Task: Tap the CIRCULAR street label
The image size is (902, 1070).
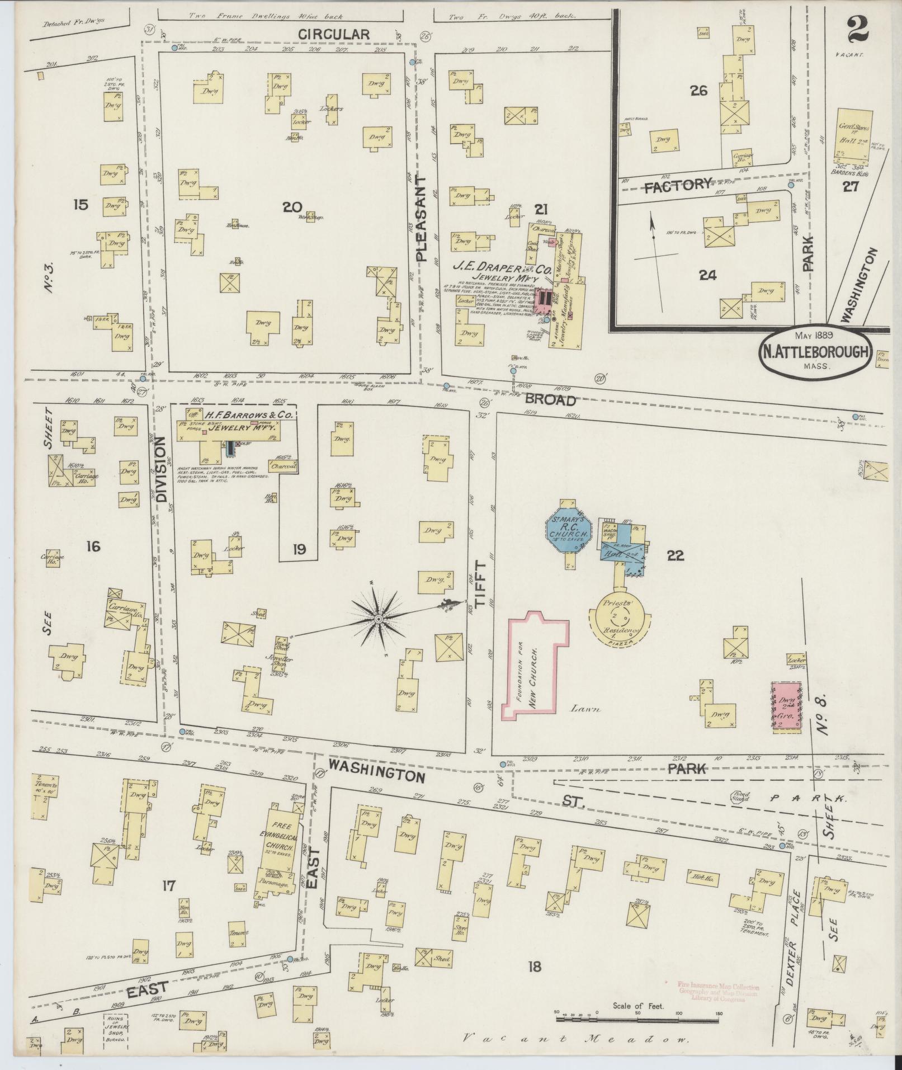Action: pos(333,34)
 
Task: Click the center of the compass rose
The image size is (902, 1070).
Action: pos(378,619)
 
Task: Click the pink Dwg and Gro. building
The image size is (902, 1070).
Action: pos(786,705)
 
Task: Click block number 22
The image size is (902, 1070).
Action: pos(675,555)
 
